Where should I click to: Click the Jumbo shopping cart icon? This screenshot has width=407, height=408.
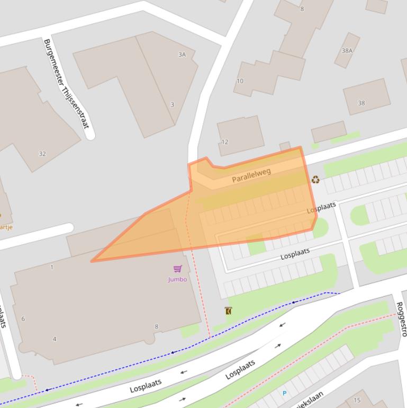tap(177, 269)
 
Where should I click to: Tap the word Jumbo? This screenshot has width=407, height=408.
tap(177, 279)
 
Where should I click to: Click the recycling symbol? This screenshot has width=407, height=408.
tap(315, 180)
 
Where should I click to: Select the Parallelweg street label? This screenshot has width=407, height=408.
tap(251, 175)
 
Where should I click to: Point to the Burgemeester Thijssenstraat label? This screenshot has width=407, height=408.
tap(66, 83)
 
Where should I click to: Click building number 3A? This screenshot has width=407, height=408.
tap(182, 55)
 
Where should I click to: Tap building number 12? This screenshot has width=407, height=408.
tap(225, 142)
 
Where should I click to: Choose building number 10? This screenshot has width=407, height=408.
tap(240, 81)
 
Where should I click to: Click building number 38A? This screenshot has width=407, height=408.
tap(347, 51)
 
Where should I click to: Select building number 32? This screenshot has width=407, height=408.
tap(42, 154)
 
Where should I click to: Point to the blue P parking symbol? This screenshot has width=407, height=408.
tap(284, 393)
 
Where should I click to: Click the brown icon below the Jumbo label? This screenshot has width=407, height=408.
tap(228, 311)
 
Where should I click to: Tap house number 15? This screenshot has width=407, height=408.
tap(357, 400)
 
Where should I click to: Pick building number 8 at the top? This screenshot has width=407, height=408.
tap(302, 8)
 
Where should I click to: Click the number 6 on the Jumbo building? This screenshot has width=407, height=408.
tap(23, 319)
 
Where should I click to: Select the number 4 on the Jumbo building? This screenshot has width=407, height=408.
tap(55, 339)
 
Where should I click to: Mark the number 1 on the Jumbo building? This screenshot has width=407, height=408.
tap(52, 267)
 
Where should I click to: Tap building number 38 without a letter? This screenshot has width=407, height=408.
tap(361, 103)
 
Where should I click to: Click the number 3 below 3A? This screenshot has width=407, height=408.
tap(172, 104)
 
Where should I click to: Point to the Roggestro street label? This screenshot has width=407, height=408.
tap(401, 319)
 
